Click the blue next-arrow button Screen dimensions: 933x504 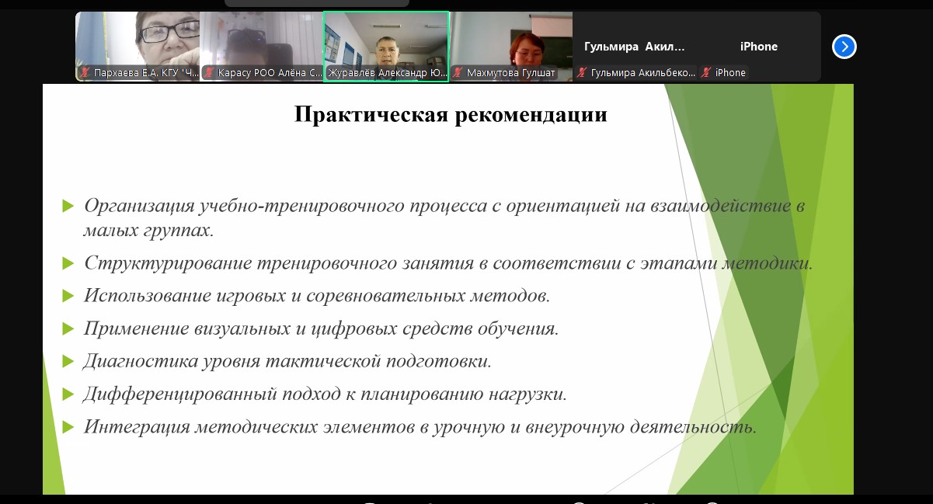click(x=844, y=47)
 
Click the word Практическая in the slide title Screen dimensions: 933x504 click(x=371, y=114)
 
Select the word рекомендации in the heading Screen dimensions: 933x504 click(x=531, y=116)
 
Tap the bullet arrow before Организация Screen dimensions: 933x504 click(x=68, y=205)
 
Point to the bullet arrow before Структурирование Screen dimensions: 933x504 click(x=68, y=263)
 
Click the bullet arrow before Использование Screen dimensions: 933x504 click(x=68, y=296)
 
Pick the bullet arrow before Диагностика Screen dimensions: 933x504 click(x=68, y=361)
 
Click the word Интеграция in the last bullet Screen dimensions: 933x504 click(x=137, y=427)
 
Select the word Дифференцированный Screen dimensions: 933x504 click(x=180, y=395)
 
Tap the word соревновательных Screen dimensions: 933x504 click(x=385, y=296)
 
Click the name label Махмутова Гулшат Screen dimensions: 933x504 click(x=510, y=73)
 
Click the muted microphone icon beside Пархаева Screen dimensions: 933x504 click(x=85, y=72)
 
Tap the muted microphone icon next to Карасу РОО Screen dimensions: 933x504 click(x=209, y=72)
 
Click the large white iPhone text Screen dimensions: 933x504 click(x=759, y=47)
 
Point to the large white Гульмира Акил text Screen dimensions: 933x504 click(x=634, y=47)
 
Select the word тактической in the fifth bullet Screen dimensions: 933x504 click(x=323, y=361)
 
